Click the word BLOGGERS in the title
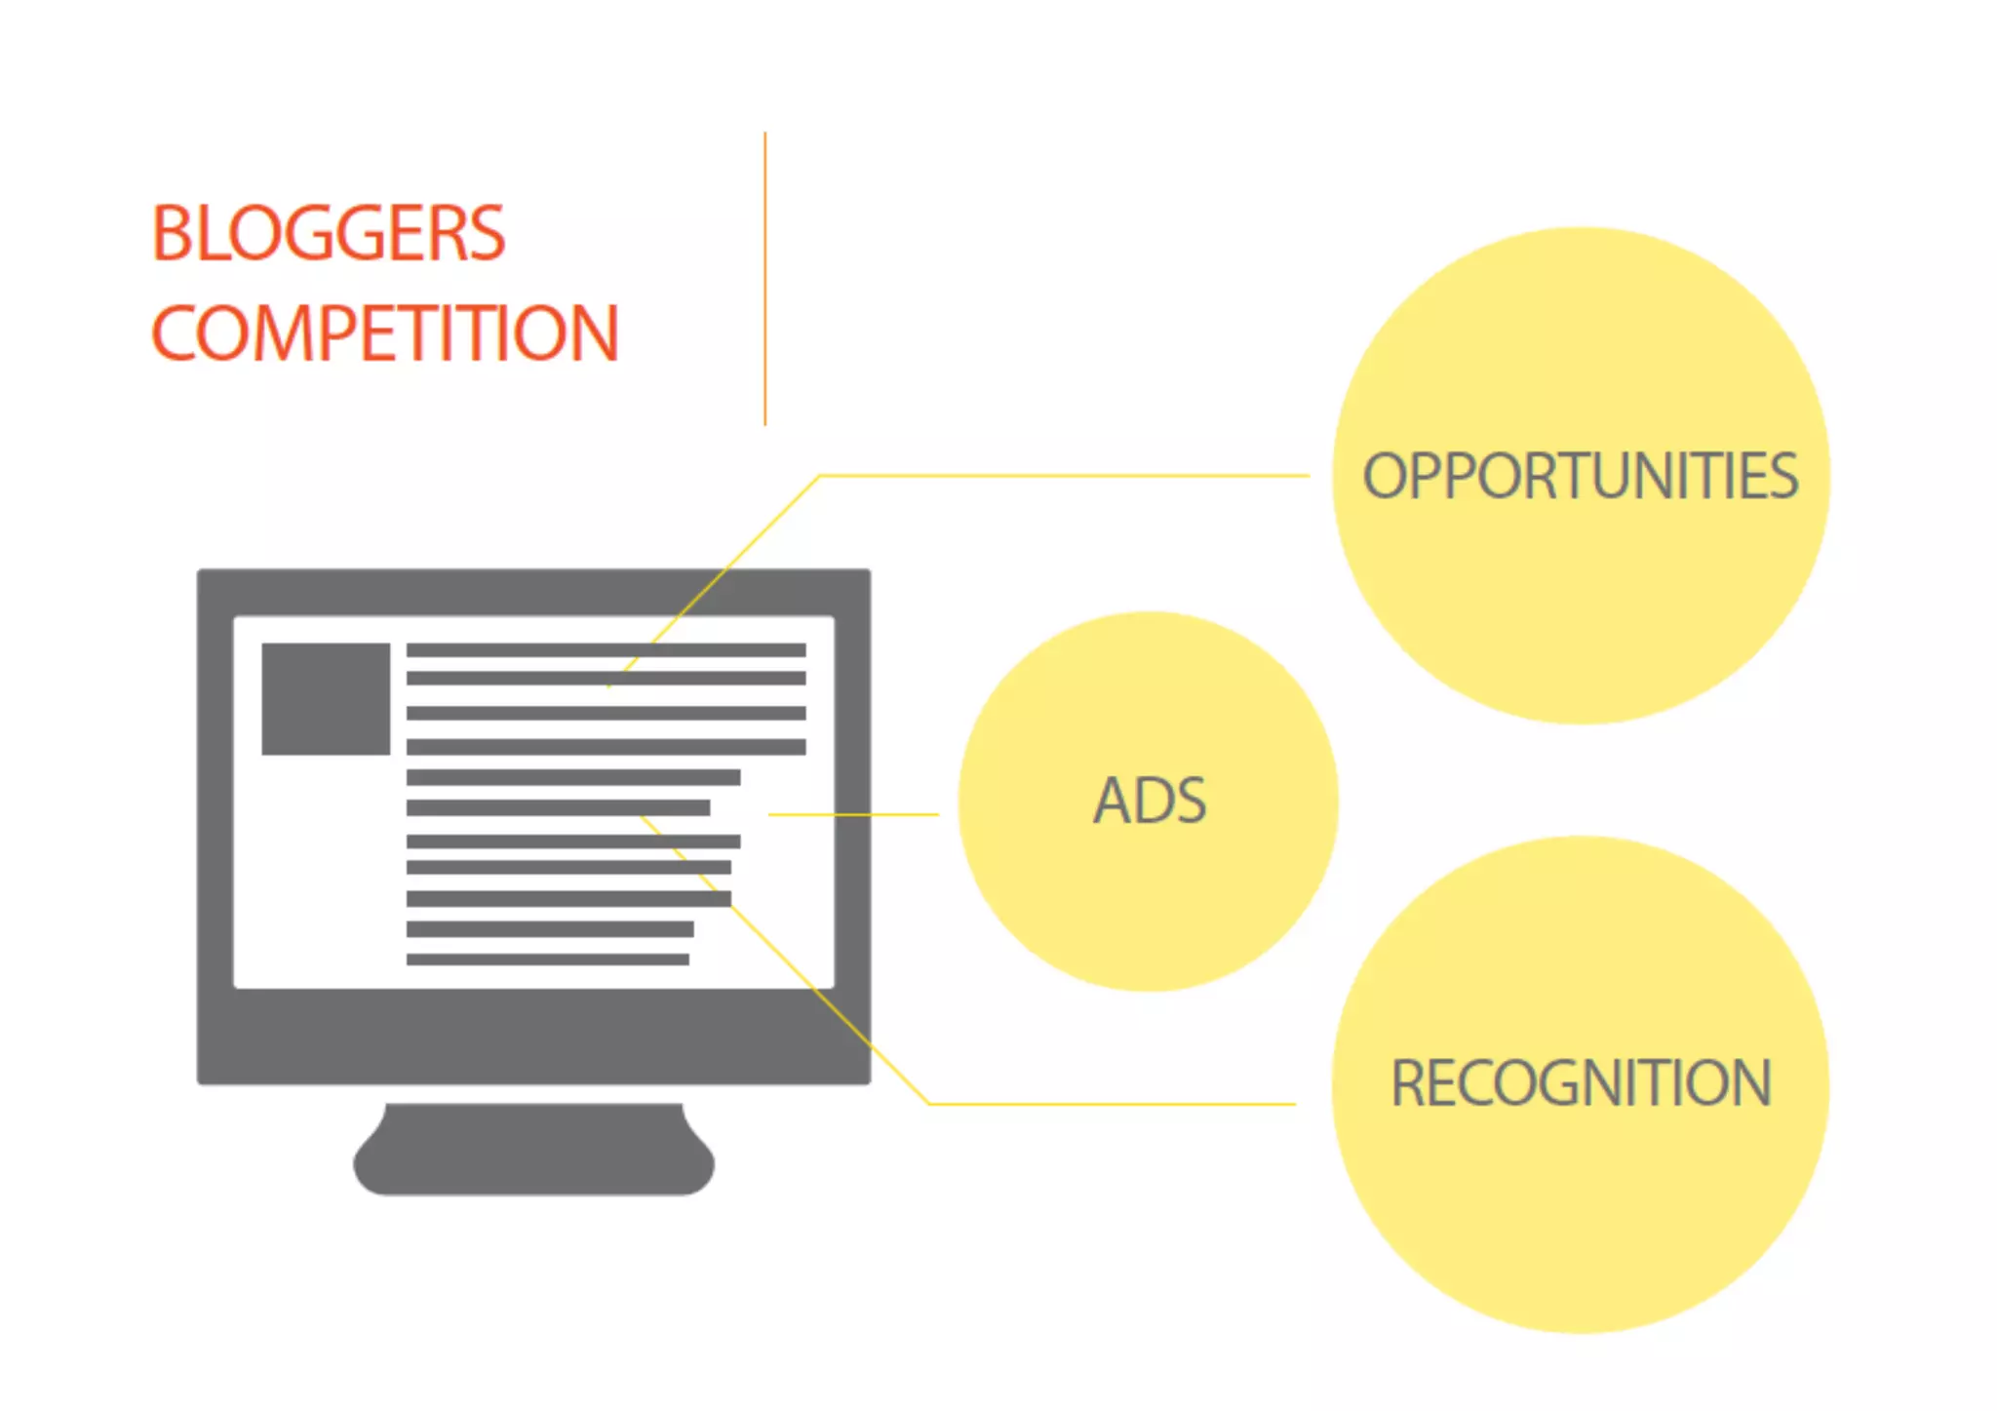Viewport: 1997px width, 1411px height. point(329,234)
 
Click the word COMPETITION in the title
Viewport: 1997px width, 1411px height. point(385,333)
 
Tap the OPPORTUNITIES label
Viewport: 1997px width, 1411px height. point(1580,476)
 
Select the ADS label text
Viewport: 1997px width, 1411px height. point(1150,801)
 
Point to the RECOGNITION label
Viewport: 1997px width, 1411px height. point(1581,1083)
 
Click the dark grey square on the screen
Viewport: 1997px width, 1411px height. point(326,698)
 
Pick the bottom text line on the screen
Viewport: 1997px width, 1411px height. point(547,960)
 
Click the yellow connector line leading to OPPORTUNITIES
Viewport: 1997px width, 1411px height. point(1063,476)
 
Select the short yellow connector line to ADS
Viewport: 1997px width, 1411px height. point(853,813)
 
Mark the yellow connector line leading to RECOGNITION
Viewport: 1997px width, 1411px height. point(1112,1104)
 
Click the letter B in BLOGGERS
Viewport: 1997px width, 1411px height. point(172,234)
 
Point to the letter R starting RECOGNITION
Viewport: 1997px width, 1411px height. point(1409,1083)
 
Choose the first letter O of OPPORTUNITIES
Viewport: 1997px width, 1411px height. point(1382,476)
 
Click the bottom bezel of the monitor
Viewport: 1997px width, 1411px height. point(533,1036)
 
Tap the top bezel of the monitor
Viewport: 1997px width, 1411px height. point(533,592)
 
